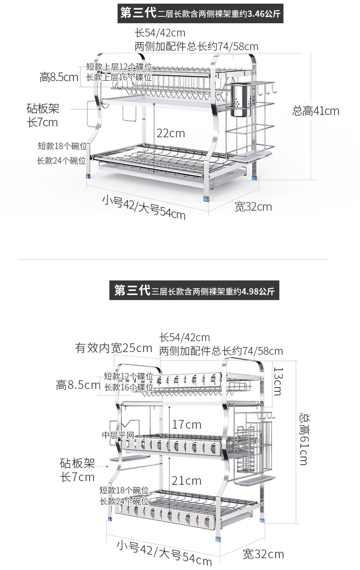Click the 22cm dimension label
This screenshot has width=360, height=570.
tap(171, 133)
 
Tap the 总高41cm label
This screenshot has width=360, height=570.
tap(316, 111)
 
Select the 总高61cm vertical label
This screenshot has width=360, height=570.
tap(303, 439)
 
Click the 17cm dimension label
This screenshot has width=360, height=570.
tap(186, 425)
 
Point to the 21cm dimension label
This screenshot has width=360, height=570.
tap(186, 480)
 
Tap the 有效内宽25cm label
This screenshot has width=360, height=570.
tap(113, 348)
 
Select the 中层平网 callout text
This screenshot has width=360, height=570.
tap(118, 435)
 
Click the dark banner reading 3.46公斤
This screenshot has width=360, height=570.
tap(201, 13)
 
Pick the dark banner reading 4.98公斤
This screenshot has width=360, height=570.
tap(195, 290)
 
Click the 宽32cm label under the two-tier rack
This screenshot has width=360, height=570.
tap(253, 207)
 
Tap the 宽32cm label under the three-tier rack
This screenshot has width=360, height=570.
tap(263, 554)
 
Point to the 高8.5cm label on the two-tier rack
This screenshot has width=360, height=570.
tap(59, 77)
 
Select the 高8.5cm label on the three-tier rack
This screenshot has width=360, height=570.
tap(78, 385)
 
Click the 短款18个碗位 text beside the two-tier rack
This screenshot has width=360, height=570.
tap(62, 146)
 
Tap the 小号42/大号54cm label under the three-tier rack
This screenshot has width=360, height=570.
tap(164, 552)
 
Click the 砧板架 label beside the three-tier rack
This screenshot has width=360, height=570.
tap(77, 464)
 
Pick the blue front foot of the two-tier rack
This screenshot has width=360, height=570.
tap(207, 198)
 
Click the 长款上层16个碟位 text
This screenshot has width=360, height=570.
tap(119, 77)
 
